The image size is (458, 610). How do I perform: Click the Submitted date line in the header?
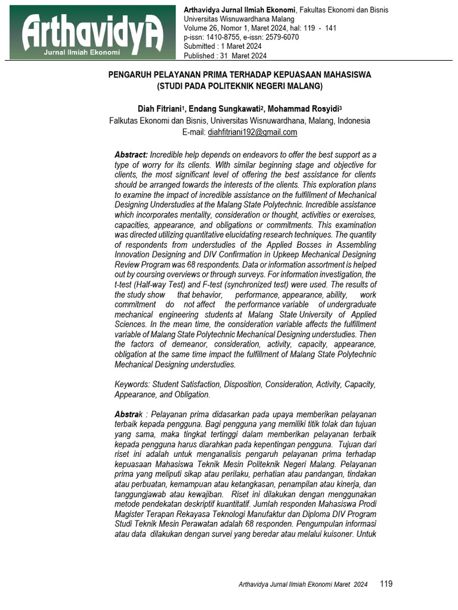coord(222,46)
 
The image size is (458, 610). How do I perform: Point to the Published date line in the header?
coord(225,56)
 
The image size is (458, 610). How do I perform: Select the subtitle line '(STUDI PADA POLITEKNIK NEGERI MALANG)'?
coord(239,86)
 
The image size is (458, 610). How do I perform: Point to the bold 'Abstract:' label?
coord(131,155)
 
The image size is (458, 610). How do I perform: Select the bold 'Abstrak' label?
coord(128,414)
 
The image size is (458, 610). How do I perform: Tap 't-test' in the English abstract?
coord(126,285)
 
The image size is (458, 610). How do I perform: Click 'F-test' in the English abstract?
coord(212,285)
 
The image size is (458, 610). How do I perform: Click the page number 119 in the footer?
coord(386,584)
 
